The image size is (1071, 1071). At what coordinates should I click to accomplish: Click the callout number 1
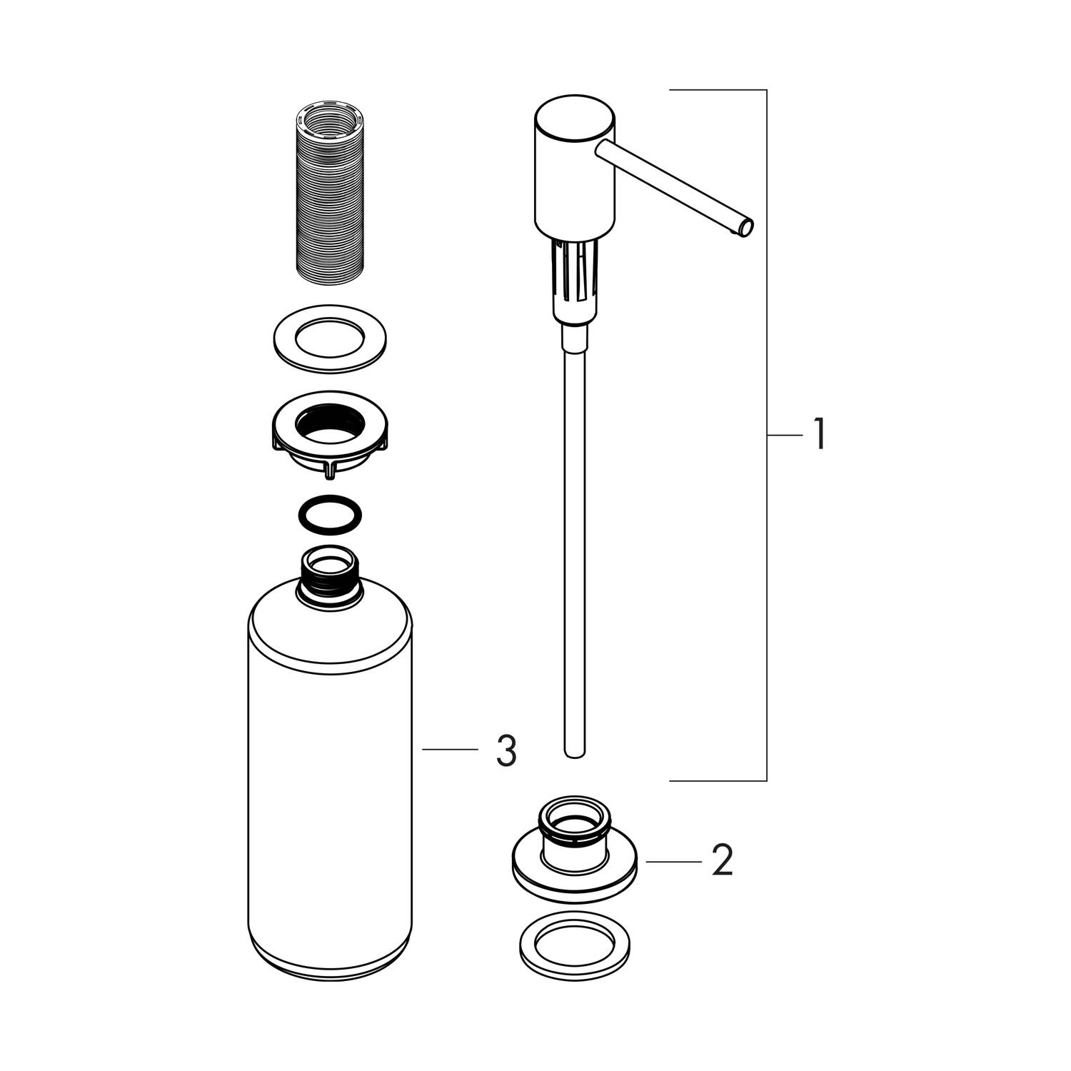(820, 434)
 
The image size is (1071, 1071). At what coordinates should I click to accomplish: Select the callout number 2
(722, 861)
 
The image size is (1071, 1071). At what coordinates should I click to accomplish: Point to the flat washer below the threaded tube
(329, 338)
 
